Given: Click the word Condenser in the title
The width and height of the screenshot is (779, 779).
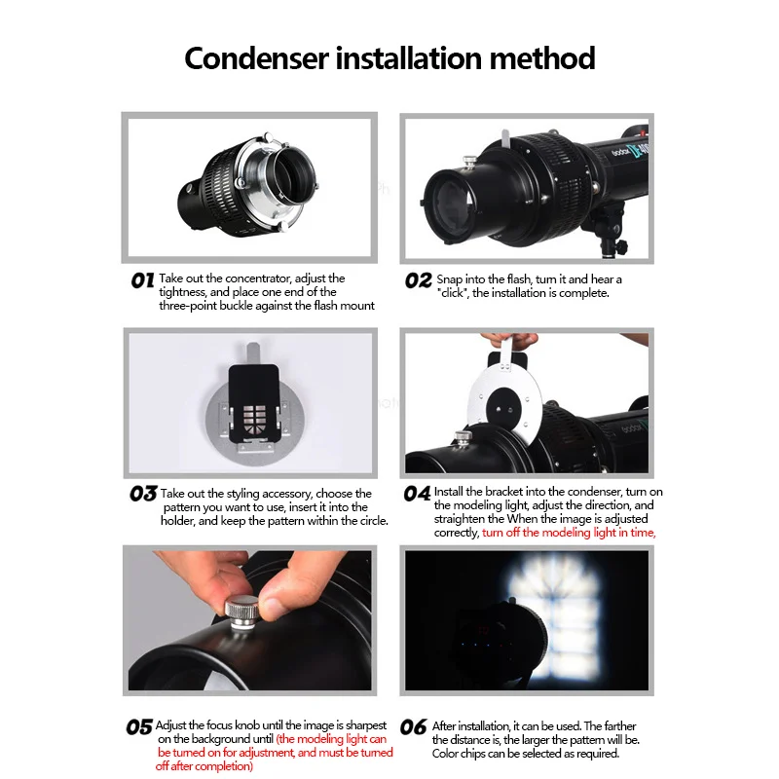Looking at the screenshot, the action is point(256,58).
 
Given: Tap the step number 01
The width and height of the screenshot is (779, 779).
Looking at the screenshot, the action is point(142,280).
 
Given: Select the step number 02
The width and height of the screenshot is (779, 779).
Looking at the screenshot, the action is point(419,280).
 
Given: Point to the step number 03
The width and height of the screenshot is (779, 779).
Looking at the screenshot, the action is point(143,494).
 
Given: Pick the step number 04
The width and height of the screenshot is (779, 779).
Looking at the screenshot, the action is point(417,494).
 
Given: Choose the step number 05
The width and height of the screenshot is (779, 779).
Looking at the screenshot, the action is point(139,727).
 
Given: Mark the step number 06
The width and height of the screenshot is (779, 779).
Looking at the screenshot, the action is point(413,727).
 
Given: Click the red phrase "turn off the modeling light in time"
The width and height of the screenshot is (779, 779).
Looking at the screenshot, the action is point(569,533).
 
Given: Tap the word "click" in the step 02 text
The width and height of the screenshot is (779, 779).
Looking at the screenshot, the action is point(452,293).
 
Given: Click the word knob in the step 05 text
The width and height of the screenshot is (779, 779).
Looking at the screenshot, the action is point(247,725).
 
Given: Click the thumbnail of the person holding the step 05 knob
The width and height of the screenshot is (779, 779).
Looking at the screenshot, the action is point(249,620).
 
